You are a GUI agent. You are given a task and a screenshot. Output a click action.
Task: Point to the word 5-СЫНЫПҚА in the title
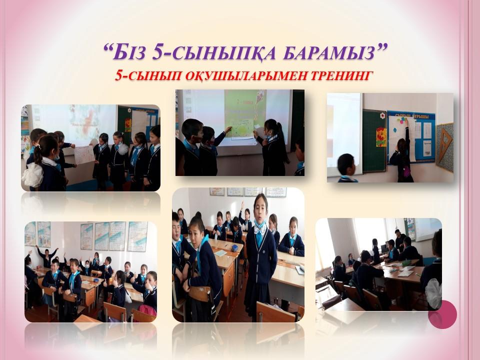(214, 52)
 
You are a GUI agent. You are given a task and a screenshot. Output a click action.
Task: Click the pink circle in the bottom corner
(442, 314)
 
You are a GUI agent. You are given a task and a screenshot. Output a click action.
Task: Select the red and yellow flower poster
(381, 137)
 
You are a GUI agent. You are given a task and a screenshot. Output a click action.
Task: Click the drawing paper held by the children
(84, 155)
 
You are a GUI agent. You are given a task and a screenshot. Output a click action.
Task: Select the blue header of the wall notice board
(411, 116)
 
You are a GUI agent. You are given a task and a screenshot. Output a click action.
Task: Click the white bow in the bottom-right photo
(434, 289)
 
